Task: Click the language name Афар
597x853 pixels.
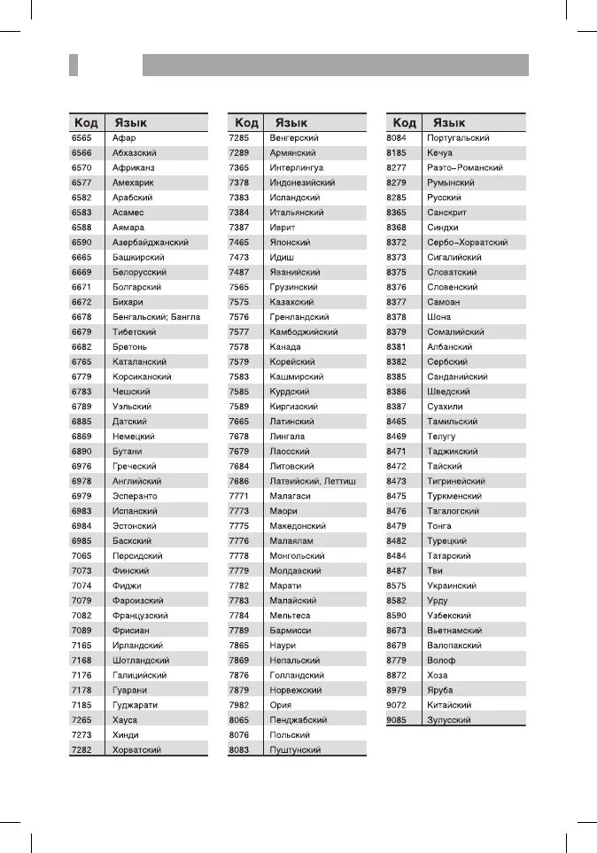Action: (124, 138)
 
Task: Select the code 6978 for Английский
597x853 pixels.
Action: (81, 481)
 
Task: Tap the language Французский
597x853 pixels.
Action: (140, 616)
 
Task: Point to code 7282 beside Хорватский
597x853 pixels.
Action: (81, 750)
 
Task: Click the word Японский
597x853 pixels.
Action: (290, 243)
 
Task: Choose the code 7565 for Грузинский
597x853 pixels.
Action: (239, 287)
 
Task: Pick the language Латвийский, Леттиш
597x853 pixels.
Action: (313, 481)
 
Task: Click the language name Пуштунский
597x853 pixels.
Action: (295, 750)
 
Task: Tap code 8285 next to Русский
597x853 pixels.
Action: (397, 198)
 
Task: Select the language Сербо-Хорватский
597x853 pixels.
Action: (467, 243)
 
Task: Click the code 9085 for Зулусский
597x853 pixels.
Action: (397, 720)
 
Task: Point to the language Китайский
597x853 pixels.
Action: (449, 705)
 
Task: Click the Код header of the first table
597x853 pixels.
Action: (86, 123)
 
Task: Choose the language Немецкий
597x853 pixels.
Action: (134, 437)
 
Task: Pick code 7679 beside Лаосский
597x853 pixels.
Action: (239, 452)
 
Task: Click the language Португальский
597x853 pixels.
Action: (458, 138)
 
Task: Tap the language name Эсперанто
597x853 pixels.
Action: (135, 496)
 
